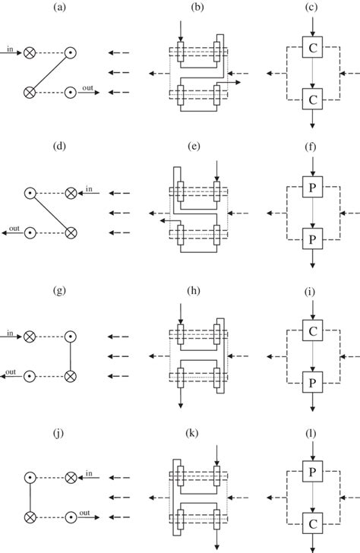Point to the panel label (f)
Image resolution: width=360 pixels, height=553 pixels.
click(312, 149)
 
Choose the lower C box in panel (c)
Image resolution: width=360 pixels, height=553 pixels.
click(311, 99)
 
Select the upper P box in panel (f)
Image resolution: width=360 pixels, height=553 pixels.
click(311, 190)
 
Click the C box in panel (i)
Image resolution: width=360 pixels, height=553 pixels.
click(311, 331)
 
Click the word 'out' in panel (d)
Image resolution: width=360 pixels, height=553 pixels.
click(12, 229)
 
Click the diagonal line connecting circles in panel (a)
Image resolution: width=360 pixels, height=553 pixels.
click(49, 73)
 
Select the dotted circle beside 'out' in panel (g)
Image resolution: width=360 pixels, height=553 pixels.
click(30, 375)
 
